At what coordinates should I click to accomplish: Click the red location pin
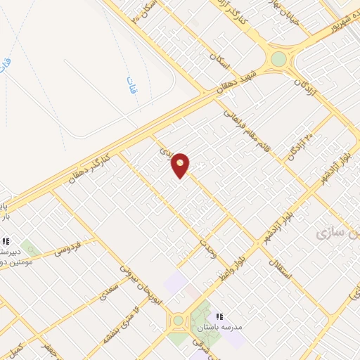tap(181, 165)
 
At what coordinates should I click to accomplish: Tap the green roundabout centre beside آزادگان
tap(279, 58)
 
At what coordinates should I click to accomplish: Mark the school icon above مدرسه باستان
tap(219, 316)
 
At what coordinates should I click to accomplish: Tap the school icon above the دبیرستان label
tap(6, 241)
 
